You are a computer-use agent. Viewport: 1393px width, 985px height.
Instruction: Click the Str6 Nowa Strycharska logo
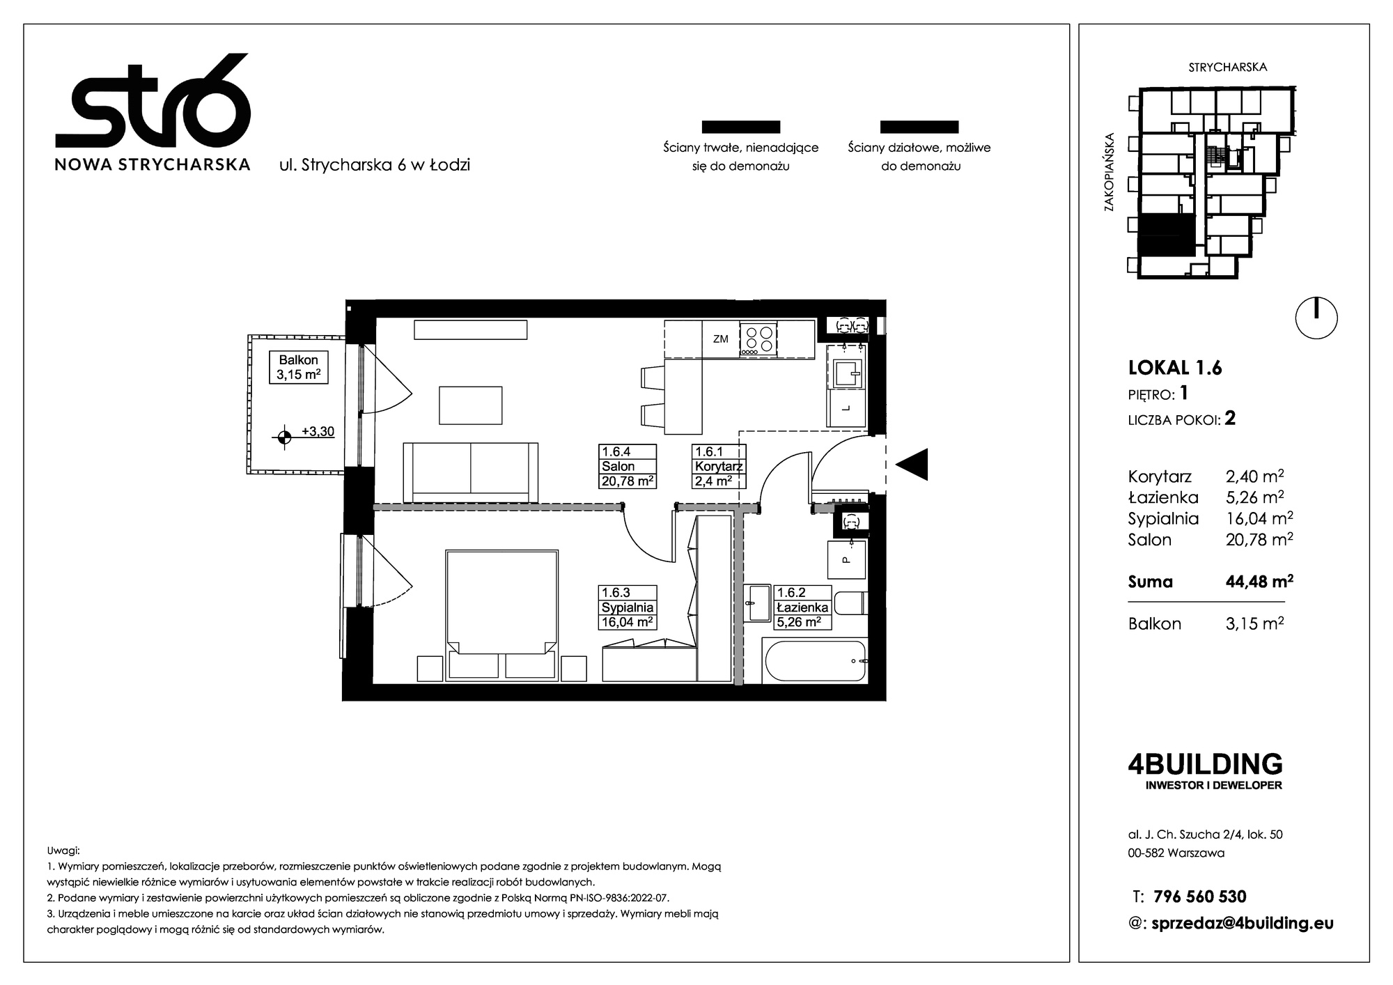click(153, 112)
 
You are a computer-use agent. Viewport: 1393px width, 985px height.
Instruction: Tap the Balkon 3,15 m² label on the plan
click(299, 367)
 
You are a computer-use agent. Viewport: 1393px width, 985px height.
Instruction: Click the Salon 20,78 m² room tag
click(628, 466)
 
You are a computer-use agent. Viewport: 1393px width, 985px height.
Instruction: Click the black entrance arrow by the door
click(912, 465)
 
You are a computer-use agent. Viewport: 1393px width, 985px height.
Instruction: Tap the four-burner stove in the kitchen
click(758, 339)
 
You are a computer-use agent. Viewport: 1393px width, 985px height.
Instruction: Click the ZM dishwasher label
click(721, 339)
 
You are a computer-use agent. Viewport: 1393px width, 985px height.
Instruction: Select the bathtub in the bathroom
click(815, 660)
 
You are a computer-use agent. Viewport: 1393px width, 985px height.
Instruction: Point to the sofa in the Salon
click(471, 472)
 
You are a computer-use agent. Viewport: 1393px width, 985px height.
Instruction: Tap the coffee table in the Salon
click(471, 405)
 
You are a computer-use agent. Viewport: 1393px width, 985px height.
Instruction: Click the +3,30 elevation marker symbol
click(283, 437)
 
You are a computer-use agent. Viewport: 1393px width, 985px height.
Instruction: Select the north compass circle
click(1316, 318)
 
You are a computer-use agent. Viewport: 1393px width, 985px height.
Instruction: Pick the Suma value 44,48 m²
click(1260, 581)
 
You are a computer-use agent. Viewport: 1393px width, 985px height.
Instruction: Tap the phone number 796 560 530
click(1200, 897)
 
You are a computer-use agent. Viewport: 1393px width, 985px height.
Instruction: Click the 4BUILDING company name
click(1205, 764)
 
